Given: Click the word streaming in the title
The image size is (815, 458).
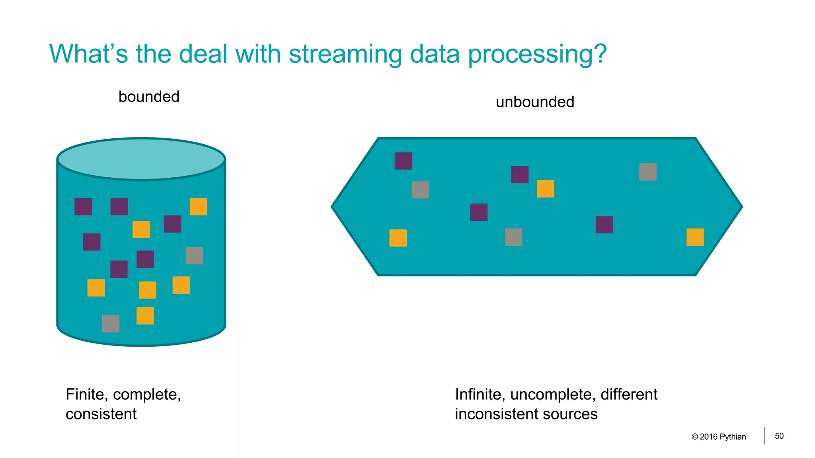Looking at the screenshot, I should tap(345, 54).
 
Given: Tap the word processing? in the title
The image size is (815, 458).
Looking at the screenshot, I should tap(537, 54).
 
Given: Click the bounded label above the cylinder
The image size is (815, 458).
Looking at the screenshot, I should tap(149, 97).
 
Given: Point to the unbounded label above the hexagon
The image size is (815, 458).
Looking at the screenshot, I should tap(535, 102).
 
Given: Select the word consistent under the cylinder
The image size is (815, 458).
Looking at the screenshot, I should tap(101, 414).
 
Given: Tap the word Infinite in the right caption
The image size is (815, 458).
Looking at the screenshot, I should tap(480, 394).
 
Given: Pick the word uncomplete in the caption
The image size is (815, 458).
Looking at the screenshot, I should tap(552, 394).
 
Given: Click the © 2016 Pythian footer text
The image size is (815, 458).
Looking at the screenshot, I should tap(719, 437).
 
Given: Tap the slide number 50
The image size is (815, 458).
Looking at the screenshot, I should tap(779, 436).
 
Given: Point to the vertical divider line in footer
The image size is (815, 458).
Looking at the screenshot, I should tap(764, 436).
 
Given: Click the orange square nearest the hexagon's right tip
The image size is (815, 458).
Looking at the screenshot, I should tap(695, 237).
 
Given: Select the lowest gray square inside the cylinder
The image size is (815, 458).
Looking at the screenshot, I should tap(111, 323).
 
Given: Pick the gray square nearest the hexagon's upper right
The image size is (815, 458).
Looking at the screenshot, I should tap(647, 172).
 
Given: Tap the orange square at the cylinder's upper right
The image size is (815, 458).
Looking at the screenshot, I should tap(198, 207).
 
